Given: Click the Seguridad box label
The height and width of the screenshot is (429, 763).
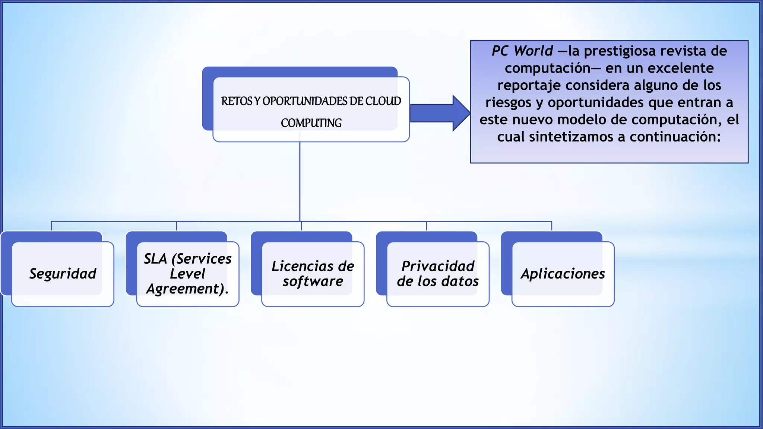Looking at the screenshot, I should tap(63, 274).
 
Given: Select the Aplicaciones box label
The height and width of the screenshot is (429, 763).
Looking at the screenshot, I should tap(563, 274).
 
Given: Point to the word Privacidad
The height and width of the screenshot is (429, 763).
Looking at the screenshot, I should tap(438, 266).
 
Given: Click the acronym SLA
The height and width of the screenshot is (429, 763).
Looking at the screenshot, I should tap(155, 259).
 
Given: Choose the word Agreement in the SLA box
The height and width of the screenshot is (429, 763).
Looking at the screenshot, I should tap(185, 289).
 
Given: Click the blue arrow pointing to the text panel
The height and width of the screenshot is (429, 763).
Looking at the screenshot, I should tap(440, 113).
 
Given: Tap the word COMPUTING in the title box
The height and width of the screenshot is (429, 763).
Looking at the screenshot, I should tap(311, 123).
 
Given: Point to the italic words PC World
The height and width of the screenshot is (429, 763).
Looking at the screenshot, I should tap(522, 51).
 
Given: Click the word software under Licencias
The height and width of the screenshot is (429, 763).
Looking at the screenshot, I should tap(313, 282).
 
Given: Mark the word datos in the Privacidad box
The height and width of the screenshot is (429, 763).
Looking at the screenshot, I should tap(460, 282).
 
